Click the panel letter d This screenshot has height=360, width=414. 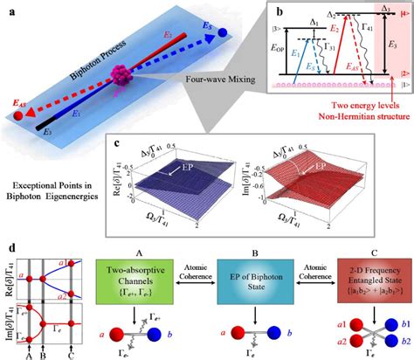coord(9,232)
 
